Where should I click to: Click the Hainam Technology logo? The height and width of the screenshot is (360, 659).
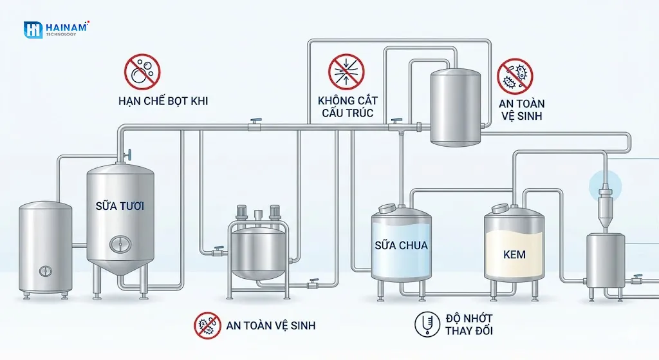coord(57,29)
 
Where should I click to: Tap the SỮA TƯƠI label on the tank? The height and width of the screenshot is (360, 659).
coord(120,207)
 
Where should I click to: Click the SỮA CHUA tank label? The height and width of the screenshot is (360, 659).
coord(401,245)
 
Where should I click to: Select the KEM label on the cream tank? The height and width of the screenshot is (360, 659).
coord(515,254)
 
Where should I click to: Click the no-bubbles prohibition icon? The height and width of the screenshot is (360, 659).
coord(142,71)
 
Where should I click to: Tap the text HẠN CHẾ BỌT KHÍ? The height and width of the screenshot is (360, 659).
coord(163,101)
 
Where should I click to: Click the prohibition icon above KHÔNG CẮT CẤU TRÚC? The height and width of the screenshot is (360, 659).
coord(347,71)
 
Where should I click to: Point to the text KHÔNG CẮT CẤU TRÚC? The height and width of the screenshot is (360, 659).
coord(348,107)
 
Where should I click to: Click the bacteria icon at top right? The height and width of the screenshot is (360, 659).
coord(515,77)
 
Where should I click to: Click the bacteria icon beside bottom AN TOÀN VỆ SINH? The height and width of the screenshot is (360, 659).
coord(208,326)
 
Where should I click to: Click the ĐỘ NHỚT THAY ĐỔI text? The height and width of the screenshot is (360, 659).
coord(469,325)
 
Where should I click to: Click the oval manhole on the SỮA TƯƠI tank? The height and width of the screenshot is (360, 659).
coord(119,243)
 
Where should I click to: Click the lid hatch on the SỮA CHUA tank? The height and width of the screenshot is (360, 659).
coord(388,208)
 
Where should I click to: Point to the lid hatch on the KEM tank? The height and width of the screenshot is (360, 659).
coord(501,208)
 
